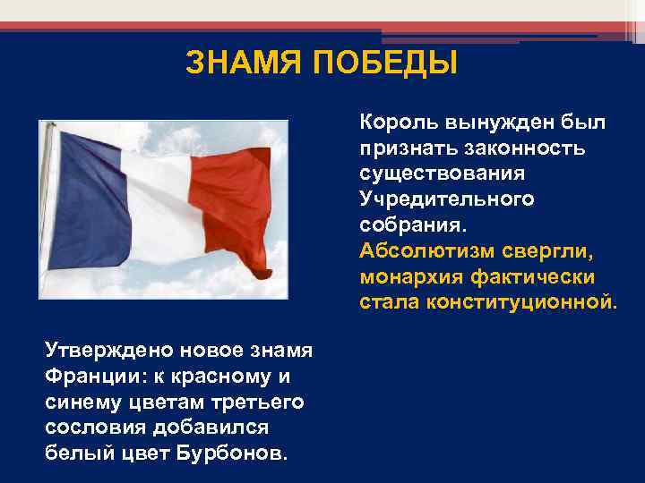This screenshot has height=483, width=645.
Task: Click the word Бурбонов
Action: coord(238,452)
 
